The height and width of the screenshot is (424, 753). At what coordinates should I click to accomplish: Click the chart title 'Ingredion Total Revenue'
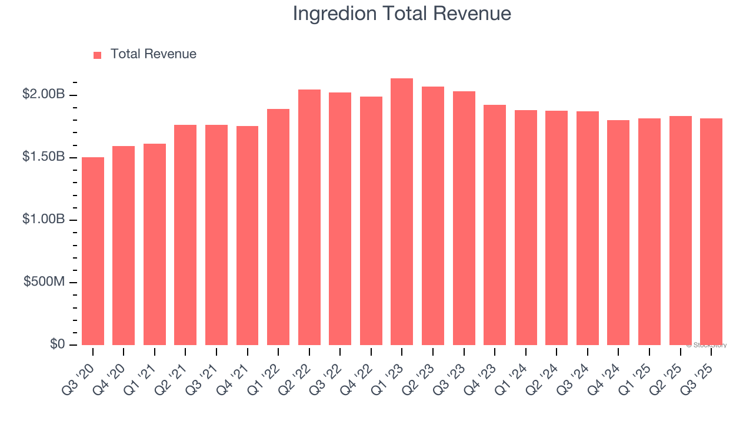pos(402,14)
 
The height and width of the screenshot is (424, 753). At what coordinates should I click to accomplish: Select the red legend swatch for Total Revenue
pos(98,55)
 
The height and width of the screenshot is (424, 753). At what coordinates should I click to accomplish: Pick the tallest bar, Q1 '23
pos(402,211)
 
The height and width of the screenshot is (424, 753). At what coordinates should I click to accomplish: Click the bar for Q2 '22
pos(309,217)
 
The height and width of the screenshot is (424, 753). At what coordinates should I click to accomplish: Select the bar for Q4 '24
pos(618,233)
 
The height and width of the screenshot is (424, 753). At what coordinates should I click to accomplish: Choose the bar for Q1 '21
pos(155,244)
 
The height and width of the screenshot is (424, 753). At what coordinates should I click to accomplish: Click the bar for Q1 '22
pos(278,227)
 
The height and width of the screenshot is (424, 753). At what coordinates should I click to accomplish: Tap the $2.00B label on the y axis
pos(44,94)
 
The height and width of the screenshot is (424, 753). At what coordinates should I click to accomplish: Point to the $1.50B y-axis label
pos(44,157)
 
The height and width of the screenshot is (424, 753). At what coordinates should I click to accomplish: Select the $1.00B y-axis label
pos(44,219)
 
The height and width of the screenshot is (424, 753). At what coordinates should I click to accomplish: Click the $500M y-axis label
pos(45,281)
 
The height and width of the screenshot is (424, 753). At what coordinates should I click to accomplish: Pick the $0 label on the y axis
pos(58,344)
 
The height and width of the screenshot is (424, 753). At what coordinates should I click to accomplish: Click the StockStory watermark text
pos(707,345)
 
